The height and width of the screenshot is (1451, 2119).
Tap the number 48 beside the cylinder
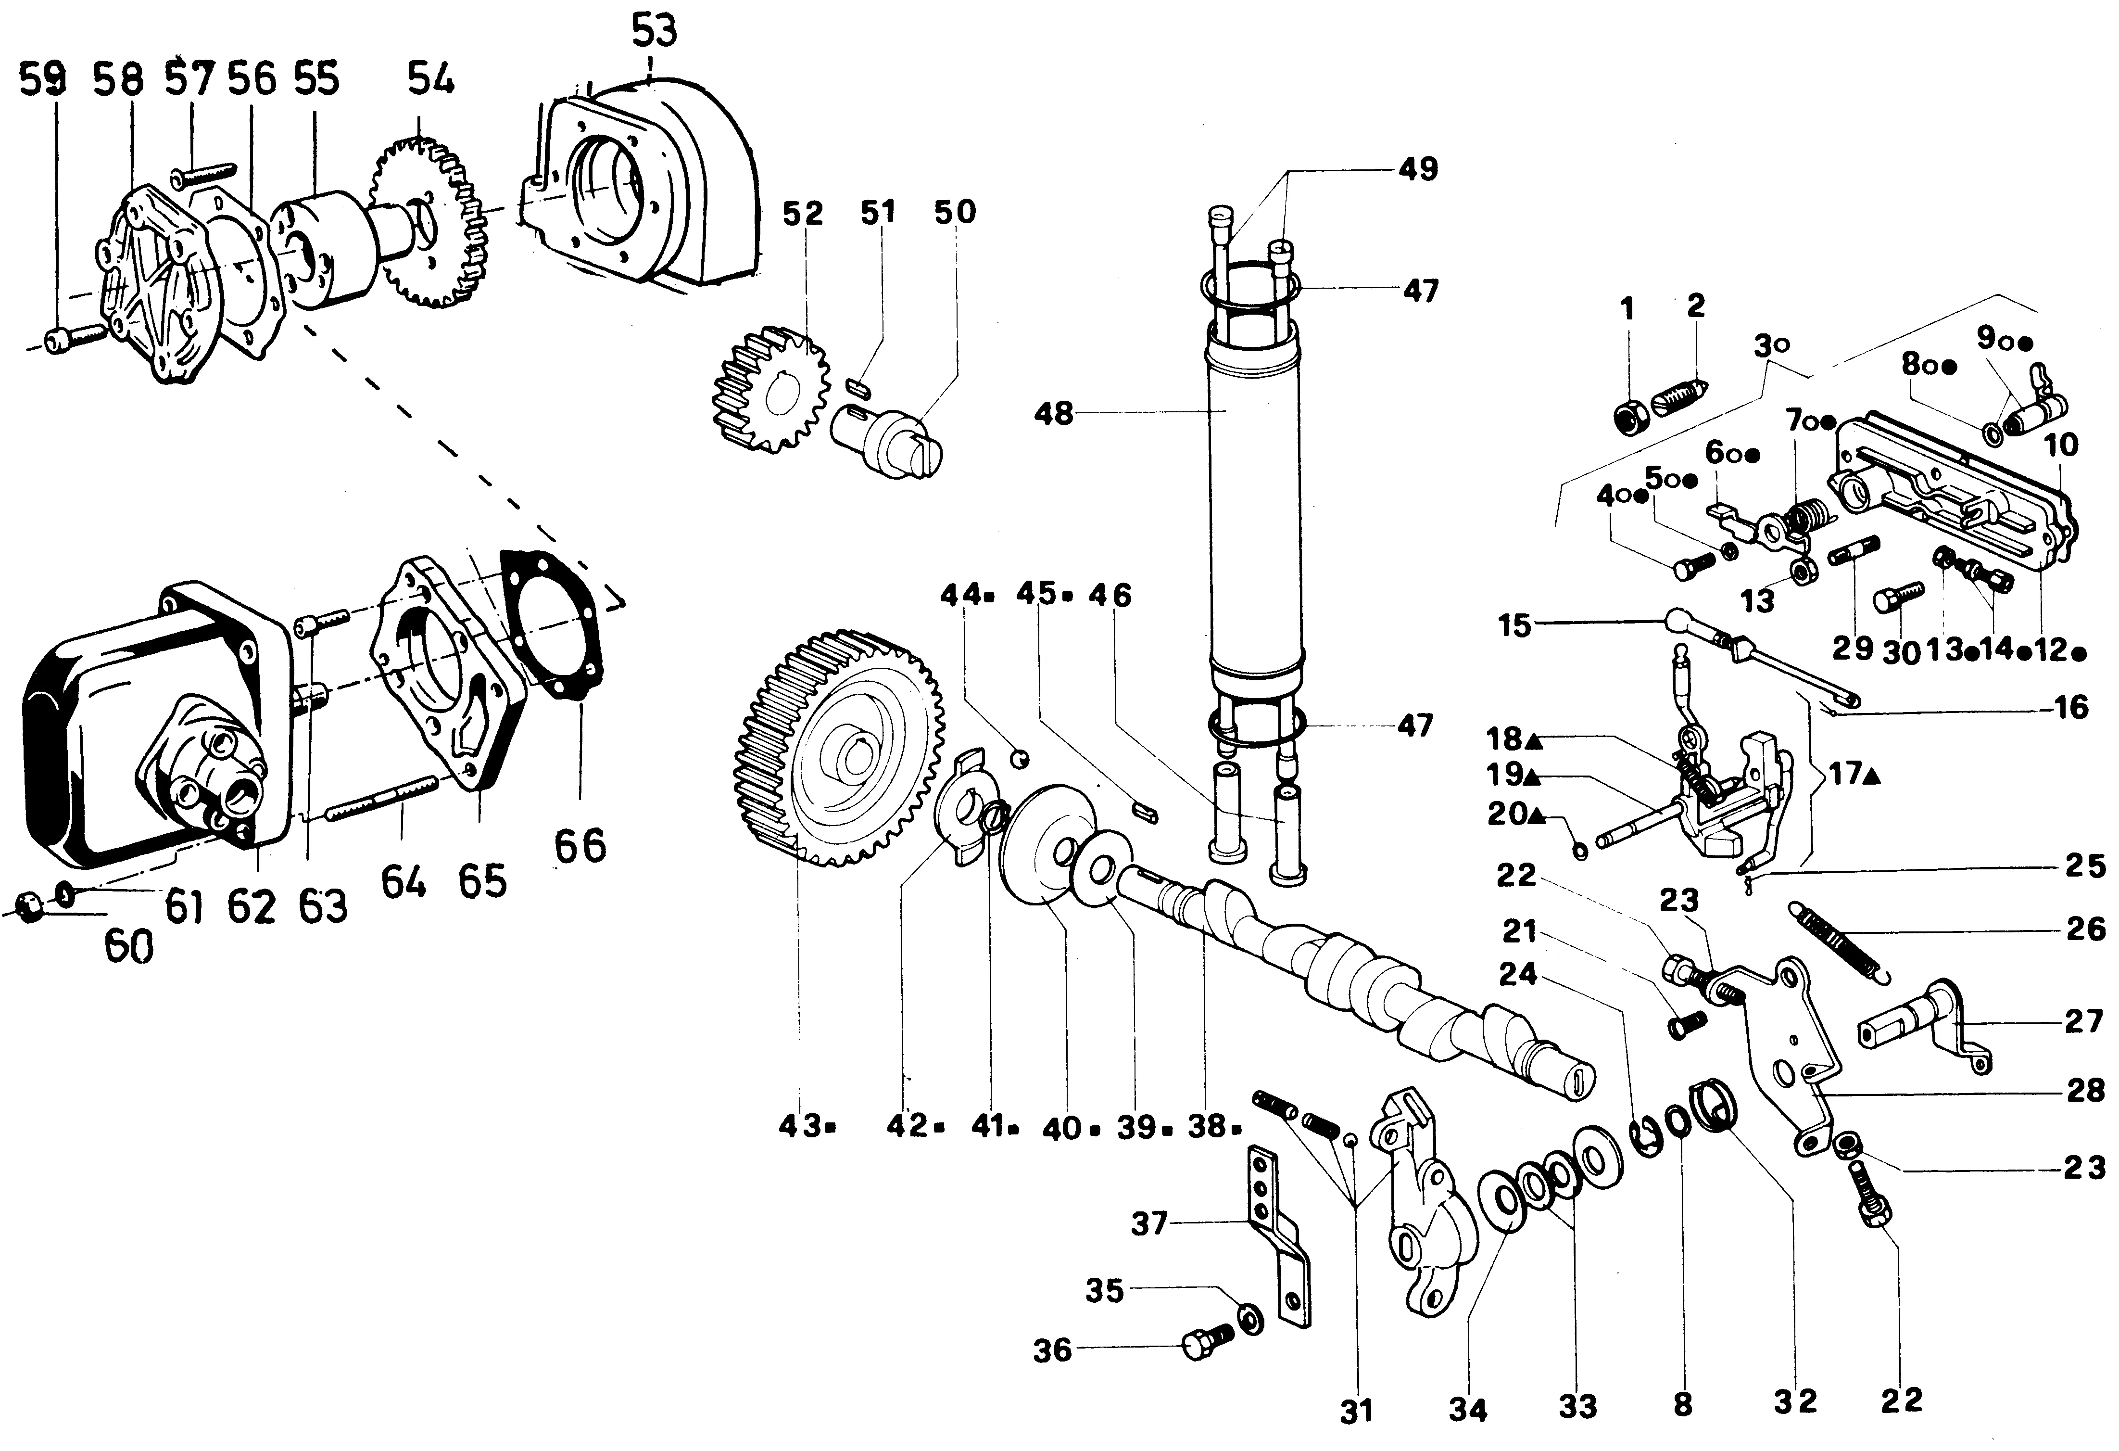click(x=1054, y=415)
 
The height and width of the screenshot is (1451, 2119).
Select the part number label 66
click(x=581, y=846)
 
